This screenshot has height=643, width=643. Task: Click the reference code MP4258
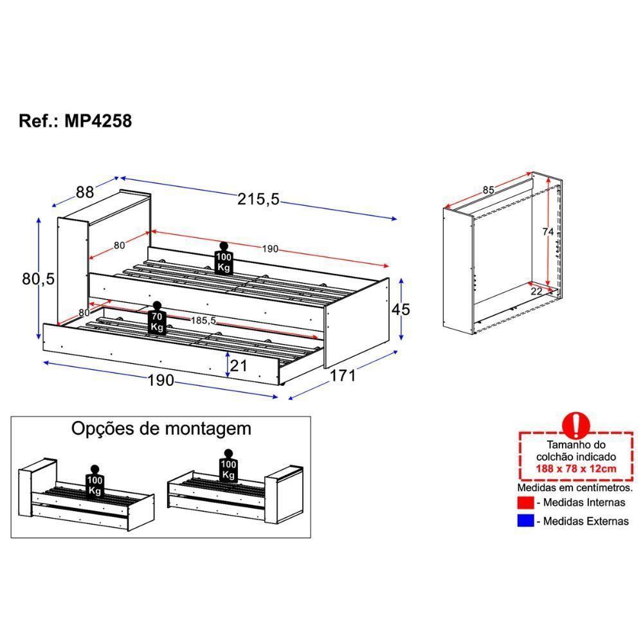[98, 121]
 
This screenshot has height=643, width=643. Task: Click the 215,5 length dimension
[258, 199]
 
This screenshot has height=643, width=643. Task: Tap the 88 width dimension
[85, 192]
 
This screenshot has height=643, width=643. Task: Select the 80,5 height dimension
[38, 279]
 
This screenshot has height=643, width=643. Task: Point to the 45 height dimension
[401, 309]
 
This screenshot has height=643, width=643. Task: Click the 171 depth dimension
[343, 376]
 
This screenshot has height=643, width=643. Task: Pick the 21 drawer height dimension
[239, 365]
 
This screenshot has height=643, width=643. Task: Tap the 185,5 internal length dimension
[203, 320]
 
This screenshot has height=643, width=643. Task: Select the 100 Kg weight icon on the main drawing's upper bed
[224, 258]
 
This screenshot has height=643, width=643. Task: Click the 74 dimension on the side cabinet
[548, 231]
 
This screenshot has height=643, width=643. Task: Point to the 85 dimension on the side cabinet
[489, 190]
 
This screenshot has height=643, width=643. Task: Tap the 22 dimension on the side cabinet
[536, 291]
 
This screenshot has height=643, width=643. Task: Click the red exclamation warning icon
[576, 425]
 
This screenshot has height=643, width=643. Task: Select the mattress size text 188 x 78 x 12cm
[576, 468]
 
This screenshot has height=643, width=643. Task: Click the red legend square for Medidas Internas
[526, 502]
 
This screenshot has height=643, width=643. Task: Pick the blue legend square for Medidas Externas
[526, 520]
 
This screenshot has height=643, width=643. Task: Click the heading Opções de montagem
[161, 428]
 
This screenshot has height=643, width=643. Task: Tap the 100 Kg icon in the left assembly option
[95, 482]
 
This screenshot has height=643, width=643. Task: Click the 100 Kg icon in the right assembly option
[228, 466]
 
